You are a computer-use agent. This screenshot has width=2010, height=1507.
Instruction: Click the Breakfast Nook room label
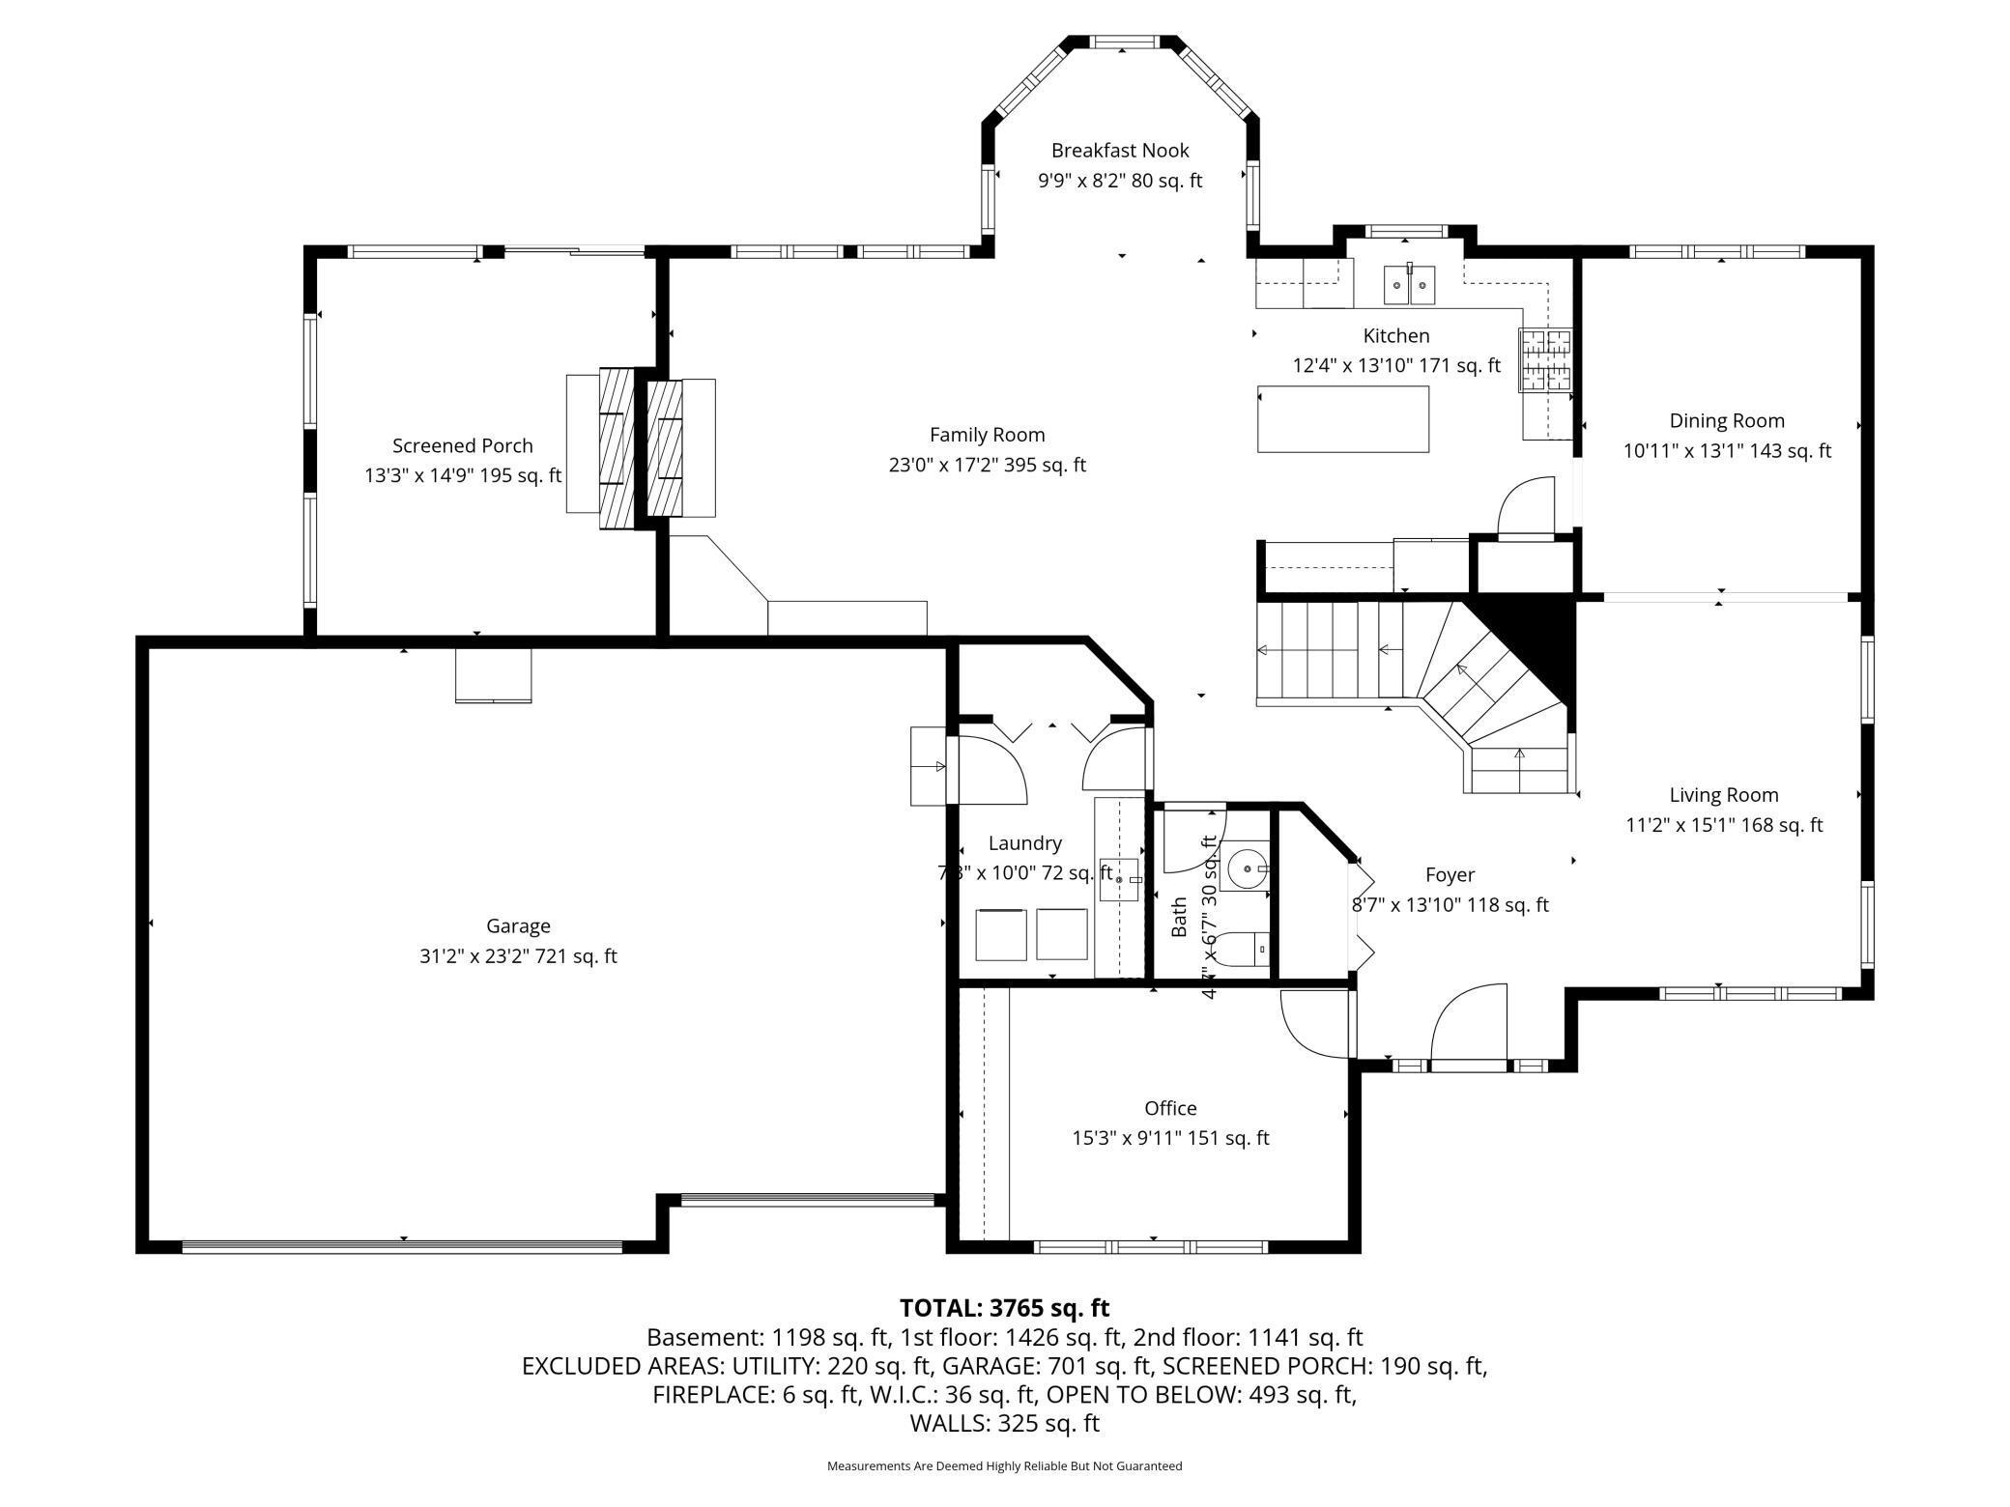(1119, 151)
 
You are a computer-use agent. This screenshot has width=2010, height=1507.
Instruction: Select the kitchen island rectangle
(1342, 419)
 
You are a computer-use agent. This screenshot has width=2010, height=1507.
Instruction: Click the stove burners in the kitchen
(1545, 360)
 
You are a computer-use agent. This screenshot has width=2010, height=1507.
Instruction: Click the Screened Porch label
(462, 446)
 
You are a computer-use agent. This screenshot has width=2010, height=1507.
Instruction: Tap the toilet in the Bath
(1242, 949)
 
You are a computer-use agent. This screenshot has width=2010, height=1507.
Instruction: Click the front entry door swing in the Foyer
(1469, 1024)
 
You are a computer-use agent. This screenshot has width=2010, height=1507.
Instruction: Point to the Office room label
(1170, 1108)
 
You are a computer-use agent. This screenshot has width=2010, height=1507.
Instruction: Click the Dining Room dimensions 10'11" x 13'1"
(1726, 451)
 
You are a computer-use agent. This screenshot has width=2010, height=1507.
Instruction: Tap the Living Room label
(1723, 795)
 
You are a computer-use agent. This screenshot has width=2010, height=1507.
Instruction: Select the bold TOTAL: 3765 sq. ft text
(1004, 1308)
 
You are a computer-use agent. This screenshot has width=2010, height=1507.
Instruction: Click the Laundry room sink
(1120, 879)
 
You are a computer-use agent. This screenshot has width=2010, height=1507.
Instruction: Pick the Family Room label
(987, 435)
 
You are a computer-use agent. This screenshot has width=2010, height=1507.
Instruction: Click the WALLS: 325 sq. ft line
(1004, 1423)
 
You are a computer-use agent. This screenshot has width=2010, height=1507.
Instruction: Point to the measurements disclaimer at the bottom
(1004, 1466)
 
